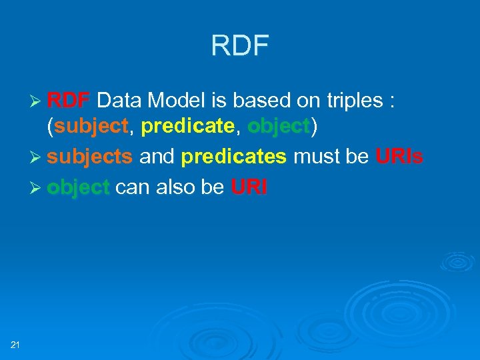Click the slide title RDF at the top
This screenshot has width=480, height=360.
[239, 46]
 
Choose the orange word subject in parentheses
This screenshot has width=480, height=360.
[91, 126]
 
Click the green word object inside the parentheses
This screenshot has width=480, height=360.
[278, 126]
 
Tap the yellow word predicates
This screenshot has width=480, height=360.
[234, 157]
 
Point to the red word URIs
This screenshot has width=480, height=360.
[399, 157]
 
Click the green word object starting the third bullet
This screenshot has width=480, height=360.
[78, 188]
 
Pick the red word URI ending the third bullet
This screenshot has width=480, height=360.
[249, 188]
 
